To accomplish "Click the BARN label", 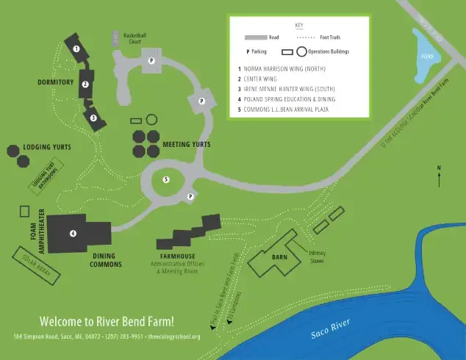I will (x=279, y=257).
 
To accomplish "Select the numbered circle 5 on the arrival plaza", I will (x=166, y=179).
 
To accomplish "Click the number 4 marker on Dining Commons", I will (x=73, y=234).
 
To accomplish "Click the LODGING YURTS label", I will (x=46, y=148).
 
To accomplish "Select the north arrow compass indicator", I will (x=439, y=177).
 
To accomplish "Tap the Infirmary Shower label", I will (x=317, y=256).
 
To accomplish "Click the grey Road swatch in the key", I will (x=256, y=37).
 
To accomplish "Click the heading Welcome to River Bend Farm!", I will (x=107, y=321).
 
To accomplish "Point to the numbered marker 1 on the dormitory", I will (x=76, y=48).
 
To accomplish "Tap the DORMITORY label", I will (x=56, y=82).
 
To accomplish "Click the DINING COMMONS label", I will (x=106, y=260).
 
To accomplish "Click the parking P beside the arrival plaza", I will (x=190, y=196).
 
